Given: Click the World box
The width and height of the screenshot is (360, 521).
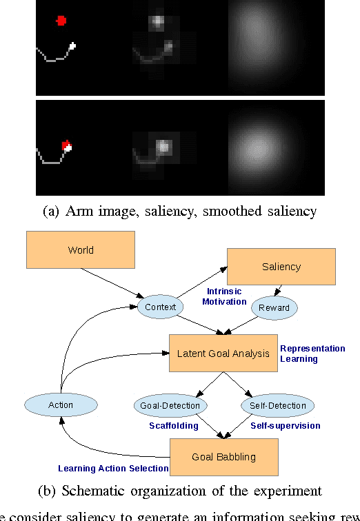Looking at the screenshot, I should pyautogui.click(x=81, y=249).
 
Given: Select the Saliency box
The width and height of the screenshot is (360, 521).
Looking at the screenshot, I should pyautogui.click(x=281, y=266).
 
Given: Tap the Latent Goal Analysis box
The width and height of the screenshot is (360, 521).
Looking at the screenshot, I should pyautogui.click(x=223, y=353).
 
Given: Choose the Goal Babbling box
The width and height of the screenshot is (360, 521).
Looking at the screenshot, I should pyautogui.click(x=223, y=456).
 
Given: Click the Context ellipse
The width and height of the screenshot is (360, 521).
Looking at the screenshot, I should pyautogui.click(x=160, y=306).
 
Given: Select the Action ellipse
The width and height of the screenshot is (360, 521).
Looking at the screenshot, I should pyautogui.click(x=61, y=405).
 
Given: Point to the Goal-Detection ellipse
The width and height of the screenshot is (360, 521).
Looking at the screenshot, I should pyautogui.click(x=170, y=405).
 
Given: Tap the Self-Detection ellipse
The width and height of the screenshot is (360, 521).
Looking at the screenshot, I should pyautogui.click(x=278, y=405).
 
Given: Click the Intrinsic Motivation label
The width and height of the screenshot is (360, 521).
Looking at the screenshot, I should pyautogui.click(x=223, y=296).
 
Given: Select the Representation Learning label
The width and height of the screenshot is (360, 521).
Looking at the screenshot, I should pyautogui.click(x=312, y=354).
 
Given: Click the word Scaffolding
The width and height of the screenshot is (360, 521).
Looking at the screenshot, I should pyautogui.click(x=173, y=426).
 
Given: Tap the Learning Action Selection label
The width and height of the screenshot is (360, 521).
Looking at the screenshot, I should pyautogui.click(x=113, y=469).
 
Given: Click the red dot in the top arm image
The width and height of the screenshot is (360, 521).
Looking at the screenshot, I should pyautogui.click(x=61, y=21).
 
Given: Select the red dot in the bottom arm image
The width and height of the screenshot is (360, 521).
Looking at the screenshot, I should pyautogui.click(x=66, y=144).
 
